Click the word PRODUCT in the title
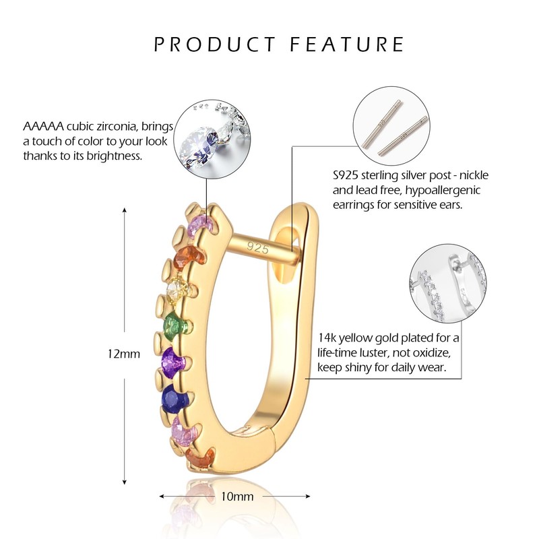215,44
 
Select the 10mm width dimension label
236,497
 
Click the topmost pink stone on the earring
202,225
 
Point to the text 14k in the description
326,338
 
